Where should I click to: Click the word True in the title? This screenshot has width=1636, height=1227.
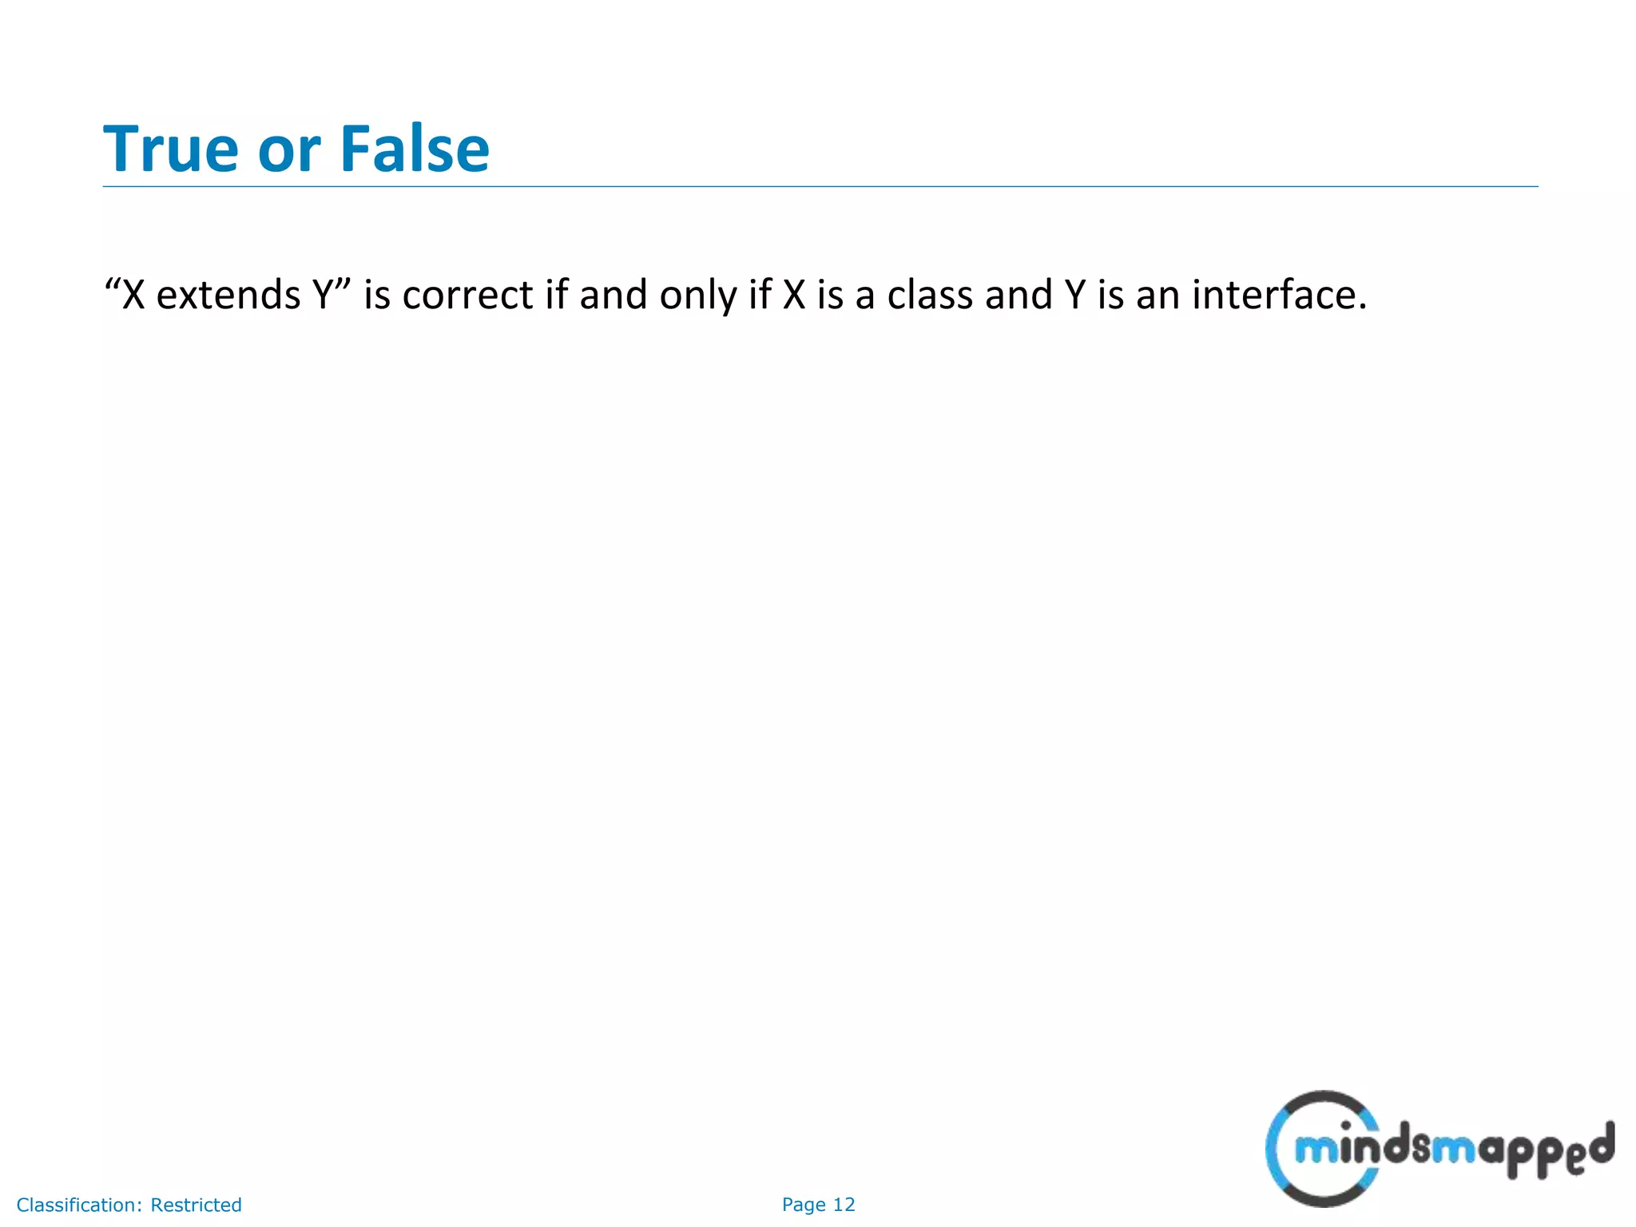171,149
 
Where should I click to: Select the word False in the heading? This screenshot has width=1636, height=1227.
415,149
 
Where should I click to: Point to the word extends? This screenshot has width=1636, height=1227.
228,295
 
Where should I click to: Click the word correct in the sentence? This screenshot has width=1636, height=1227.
467,296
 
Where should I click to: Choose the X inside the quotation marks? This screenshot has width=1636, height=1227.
134,295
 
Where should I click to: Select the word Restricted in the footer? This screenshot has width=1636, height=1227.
196,1205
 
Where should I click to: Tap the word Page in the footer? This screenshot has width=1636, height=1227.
804,1205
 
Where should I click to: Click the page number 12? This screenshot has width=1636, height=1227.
844,1205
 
